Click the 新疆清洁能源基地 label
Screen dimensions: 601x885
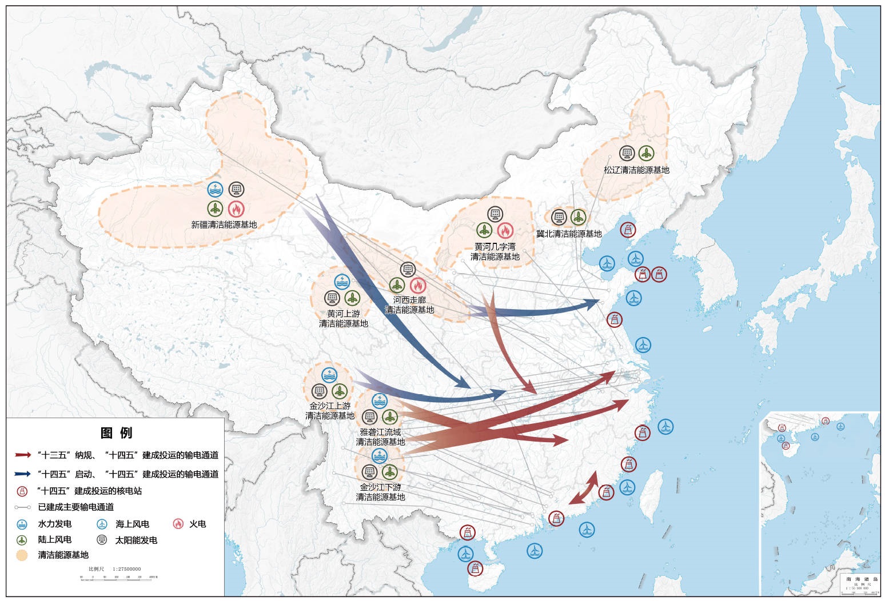pyautogui.click(x=224, y=225)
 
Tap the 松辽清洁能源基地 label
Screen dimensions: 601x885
pyautogui.click(x=636, y=170)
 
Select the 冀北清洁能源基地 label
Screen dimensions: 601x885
pyautogui.click(x=569, y=234)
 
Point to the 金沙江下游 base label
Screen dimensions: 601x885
pyautogui.click(x=380, y=492)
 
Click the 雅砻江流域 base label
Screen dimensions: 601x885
pyautogui.click(x=380, y=437)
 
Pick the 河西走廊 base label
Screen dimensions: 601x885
pyautogui.click(x=409, y=305)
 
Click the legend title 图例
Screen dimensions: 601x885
pyautogui.click(x=116, y=432)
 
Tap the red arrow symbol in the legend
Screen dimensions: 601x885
pyautogui.click(x=23, y=455)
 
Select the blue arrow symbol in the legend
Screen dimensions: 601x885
pyautogui.click(x=23, y=474)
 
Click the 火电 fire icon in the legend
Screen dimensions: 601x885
pyautogui.click(x=178, y=524)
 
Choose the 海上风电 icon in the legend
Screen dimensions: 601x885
pyautogui.click(x=102, y=524)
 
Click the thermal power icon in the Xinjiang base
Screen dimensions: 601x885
pyautogui.click(x=236, y=209)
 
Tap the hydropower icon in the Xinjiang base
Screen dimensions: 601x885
pyautogui.click(x=215, y=189)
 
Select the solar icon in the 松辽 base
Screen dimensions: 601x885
pyautogui.click(x=627, y=153)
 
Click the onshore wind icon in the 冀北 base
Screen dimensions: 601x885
pyautogui.click(x=579, y=217)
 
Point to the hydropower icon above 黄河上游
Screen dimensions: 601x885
pyautogui.click(x=342, y=281)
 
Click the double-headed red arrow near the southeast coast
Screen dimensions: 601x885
pyautogui.click(x=583, y=488)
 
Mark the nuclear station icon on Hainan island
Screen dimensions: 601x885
pyautogui.click(x=475, y=568)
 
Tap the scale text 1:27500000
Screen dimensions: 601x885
pyautogui.click(x=127, y=569)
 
